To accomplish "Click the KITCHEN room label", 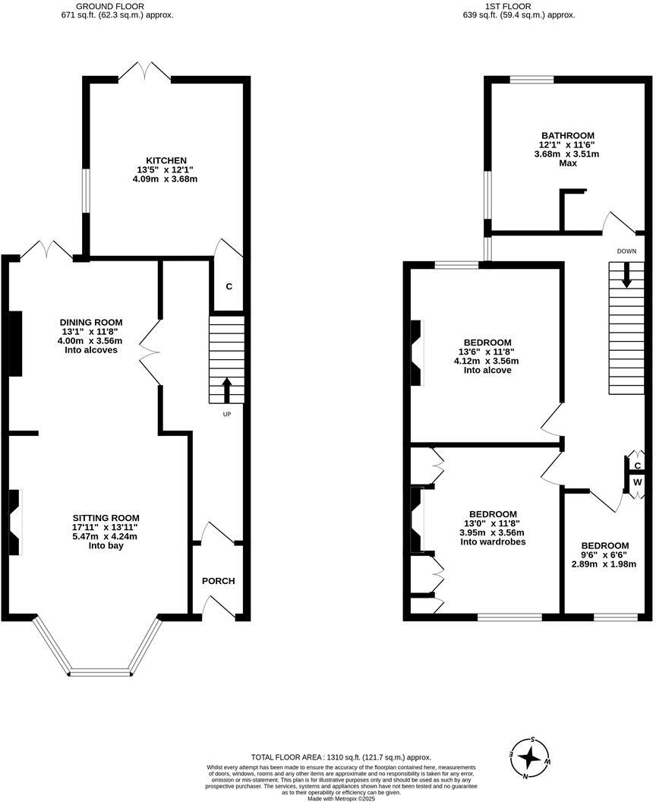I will pyautogui.click(x=166, y=160).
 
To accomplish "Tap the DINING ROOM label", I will pyautogui.click(x=92, y=321).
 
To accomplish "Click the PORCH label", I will pyautogui.click(x=218, y=581).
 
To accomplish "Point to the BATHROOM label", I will pyautogui.click(x=567, y=135).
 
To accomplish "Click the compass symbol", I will pyautogui.click(x=534, y=757).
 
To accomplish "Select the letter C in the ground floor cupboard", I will pyautogui.click(x=229, y=287).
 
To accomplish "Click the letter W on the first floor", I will pyautogui.click(x=638, y=482).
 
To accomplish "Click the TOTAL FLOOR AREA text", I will pyautogui.click(x=341, y=757).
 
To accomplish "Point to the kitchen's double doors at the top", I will pyautogui.click(x=145, y=73).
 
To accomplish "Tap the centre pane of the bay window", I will pyautogui.click(x=102, y=672).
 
